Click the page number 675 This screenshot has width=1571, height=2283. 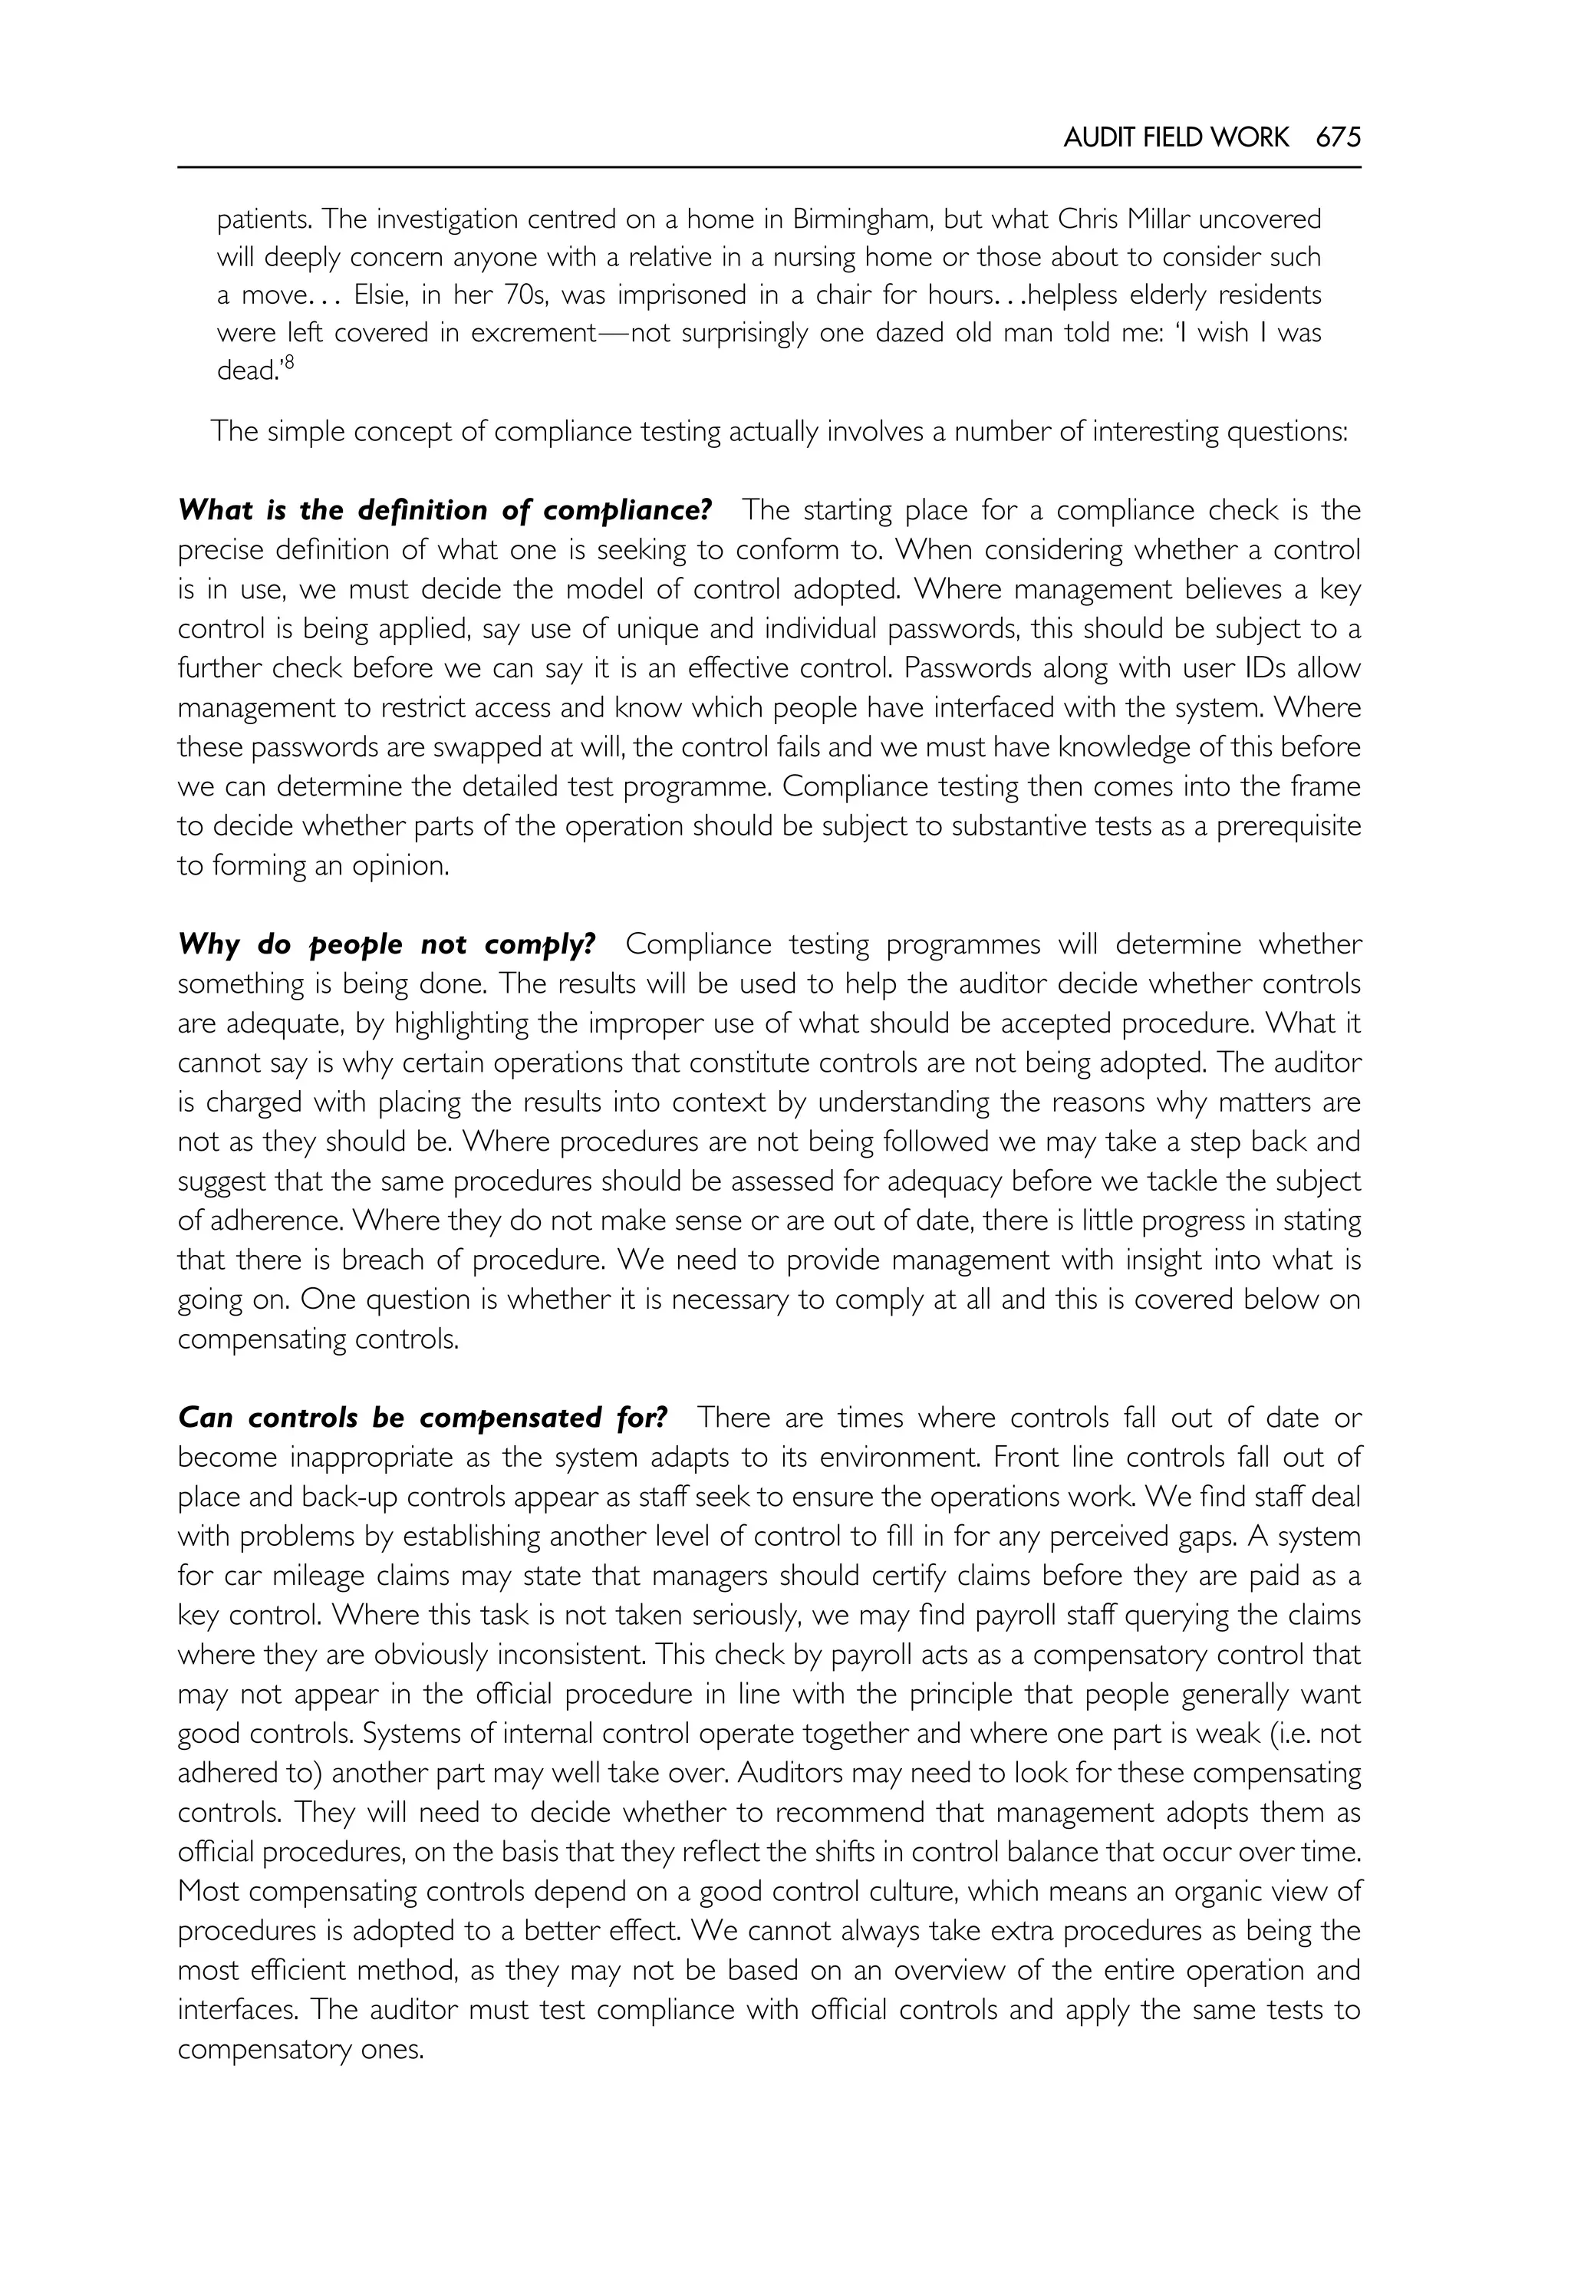[1338, 138]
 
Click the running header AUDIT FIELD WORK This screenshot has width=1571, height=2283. [1175, 138]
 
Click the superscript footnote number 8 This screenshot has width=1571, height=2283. [291, 364]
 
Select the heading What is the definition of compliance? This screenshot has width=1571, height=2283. [444, 510]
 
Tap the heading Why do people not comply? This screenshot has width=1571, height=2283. [387, 944]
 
